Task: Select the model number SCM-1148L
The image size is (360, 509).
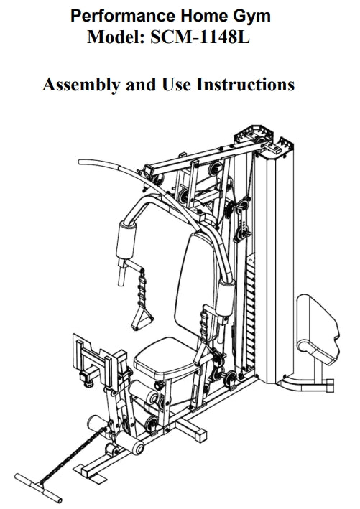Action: click(x=200, y=37)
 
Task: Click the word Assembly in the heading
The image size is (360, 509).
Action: click(x=81, y=85)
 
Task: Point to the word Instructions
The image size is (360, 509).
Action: click(x=245, y=84)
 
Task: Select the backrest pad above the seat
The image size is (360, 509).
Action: click(x=195, y=286)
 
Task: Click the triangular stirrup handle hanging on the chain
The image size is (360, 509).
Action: click(x=142, y=318)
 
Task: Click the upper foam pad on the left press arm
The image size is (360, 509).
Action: click(x=126, y=240)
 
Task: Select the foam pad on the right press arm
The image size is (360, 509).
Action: click(x=226, y=299)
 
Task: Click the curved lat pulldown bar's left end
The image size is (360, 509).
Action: click(x=81, y=162)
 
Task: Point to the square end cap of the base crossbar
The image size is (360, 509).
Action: click(x=201, y=434)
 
